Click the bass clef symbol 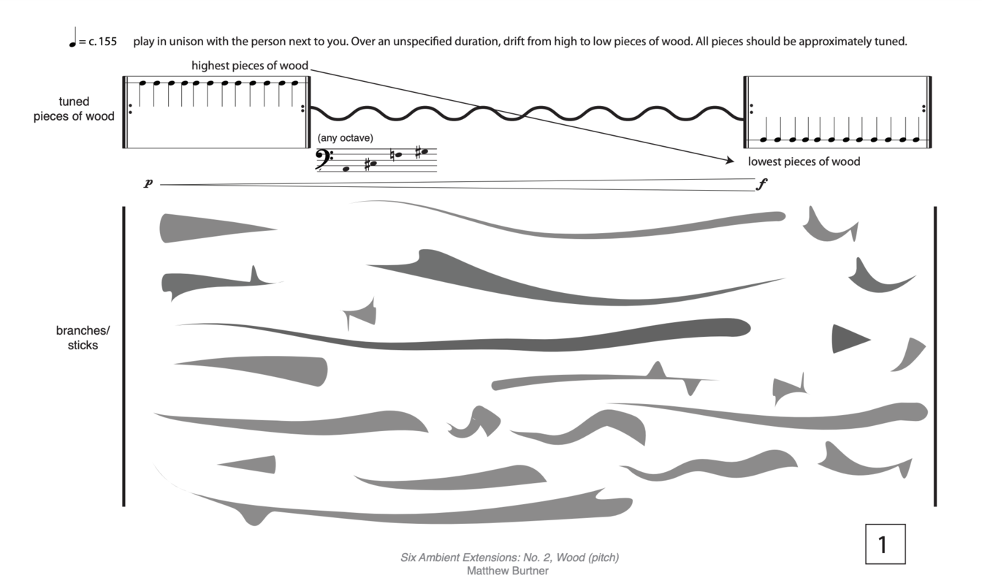324,159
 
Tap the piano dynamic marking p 148,183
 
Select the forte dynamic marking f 762,184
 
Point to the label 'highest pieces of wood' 250,66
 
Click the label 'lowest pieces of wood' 804,161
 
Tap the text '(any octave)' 346,138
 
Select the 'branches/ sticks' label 83,338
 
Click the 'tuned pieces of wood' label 74,109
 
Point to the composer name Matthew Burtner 508,571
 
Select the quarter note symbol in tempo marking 73,37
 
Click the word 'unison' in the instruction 187,42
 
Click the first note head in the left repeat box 142,83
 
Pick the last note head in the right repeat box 916,140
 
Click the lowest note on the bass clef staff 346,170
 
